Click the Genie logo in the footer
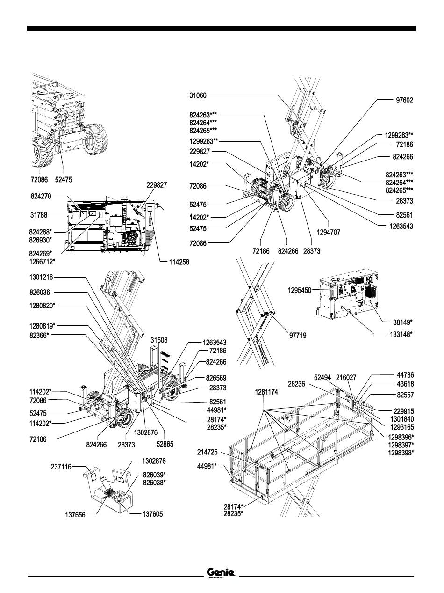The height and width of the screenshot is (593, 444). (221, 573)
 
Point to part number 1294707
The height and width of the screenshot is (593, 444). (330, 232)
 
